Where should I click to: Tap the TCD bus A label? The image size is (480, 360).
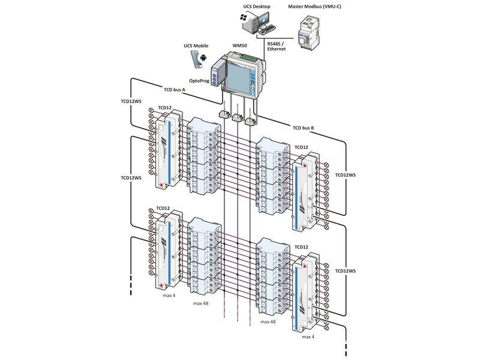point(175,89)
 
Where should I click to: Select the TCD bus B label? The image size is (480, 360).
point(304,128)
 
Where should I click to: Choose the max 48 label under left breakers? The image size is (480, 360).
point(202,304)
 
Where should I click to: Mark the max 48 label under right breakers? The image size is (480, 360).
point(268,322)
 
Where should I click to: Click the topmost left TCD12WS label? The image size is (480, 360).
point(131,101)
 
